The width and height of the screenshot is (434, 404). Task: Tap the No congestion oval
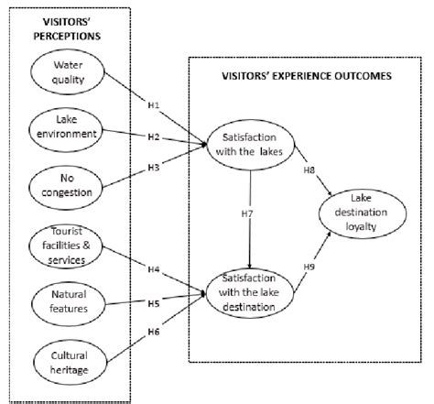pyautogui.click(x=70, y=188)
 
